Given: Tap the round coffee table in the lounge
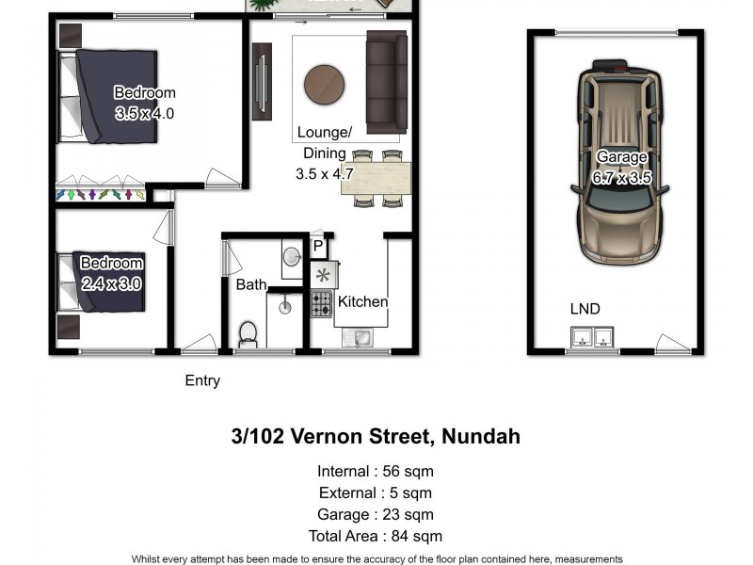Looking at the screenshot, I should [324, 85].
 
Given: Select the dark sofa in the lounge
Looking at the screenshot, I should [386, 82].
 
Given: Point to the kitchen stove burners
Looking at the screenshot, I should [321, 303].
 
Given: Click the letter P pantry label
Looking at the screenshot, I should [318, 247].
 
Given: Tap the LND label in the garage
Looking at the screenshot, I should [585, 309].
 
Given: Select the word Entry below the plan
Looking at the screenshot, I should [202, 381].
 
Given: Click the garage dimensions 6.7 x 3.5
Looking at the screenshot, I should [621, 177].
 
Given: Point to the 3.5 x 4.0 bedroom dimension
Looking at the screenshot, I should [144, 113].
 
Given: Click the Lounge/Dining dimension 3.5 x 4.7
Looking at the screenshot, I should [324, 173].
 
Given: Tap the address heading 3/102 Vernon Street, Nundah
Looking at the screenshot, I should [376, 437].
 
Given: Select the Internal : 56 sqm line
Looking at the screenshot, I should [376, 472].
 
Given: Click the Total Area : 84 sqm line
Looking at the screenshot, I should [376, 537].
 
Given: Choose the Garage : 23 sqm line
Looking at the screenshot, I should [376, 515].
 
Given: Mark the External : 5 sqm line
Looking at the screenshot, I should [376, 493].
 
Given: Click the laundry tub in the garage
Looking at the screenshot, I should [592, 337].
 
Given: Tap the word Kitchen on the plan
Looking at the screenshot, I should [363, 302].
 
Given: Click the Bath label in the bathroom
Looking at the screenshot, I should [251, 284].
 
